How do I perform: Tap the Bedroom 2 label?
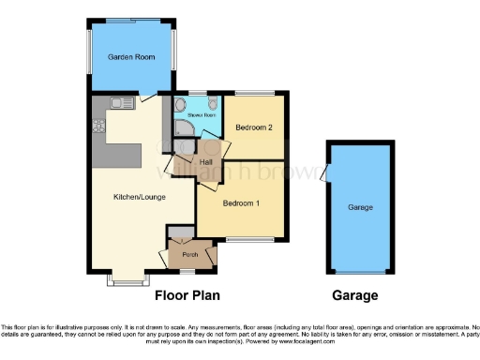[x=253, y=127]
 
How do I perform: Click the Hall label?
[x=207, y=162]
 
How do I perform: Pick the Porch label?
[x=189, y=254]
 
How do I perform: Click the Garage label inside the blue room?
[x=361, y=207]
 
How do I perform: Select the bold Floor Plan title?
[x=187, y=296]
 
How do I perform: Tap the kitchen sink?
[x=119, y=101]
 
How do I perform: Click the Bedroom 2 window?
[x=254, y=92]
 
